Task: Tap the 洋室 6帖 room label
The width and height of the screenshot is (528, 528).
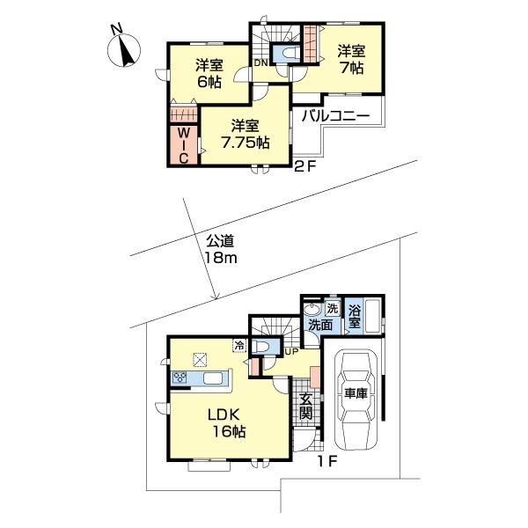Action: pyautogui.click(x=209, y=73)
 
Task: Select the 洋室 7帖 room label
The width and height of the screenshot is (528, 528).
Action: pyautogui.click(x=351, y=60)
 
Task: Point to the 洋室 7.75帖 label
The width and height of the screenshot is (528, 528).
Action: pyautogui.click(x=246, y=134)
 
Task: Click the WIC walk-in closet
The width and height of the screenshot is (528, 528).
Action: pyautogui.click(x=183, y=145)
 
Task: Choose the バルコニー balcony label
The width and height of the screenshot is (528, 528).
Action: pyautogui.click(x=335, y=116)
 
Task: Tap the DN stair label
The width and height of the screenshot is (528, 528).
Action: pyautogui.click(x=260, y=62)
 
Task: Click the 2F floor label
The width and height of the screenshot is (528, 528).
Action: pyautogui.click(x=305, y=166)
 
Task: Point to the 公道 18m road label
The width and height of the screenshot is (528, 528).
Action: pyautogui.click(x=221, y=250)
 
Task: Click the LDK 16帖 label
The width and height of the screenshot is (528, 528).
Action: pyautogui.click(x=226, y=423)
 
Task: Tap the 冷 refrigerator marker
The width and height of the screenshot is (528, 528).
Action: pyautogui.click(x=239, y=345)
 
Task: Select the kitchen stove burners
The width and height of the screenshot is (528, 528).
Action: pyautogui.click(x=180, y=378)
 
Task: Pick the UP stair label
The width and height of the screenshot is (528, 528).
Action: pyautogui.click(x=291, y=352)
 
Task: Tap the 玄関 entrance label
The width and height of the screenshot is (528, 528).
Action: pyautogui.click(x=305, y=406)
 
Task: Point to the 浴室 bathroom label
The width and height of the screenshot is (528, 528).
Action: pyautogui.click(x=355, y=316)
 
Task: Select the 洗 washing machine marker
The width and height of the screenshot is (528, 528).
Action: pyautogui.click(x=333, y=309)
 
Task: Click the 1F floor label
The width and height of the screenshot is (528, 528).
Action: pyautogui.click(x=326, y=461)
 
